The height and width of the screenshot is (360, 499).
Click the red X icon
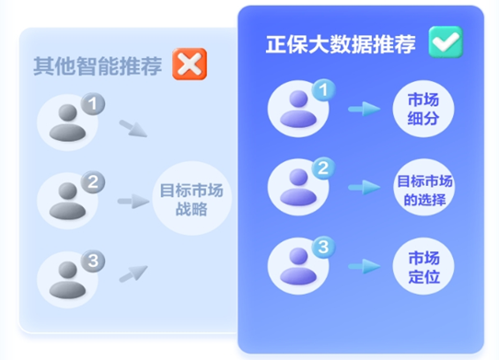(x=190, y=64)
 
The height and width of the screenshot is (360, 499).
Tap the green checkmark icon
(x=445, y=42)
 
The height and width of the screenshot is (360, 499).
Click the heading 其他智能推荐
(x=99, y=64)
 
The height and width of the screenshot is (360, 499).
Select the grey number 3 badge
(x=90, y=261)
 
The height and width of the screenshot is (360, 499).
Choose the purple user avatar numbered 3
(x=296, y=266)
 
